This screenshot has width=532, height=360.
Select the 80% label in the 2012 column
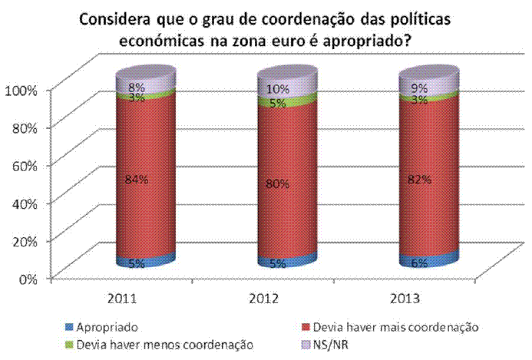[x=278, y=183]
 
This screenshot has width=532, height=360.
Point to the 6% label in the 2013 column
[x=418, y=262]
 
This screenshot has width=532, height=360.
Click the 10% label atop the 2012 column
[x=278, y=89]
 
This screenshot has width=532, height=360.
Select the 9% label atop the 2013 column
[x=418, y=88]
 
